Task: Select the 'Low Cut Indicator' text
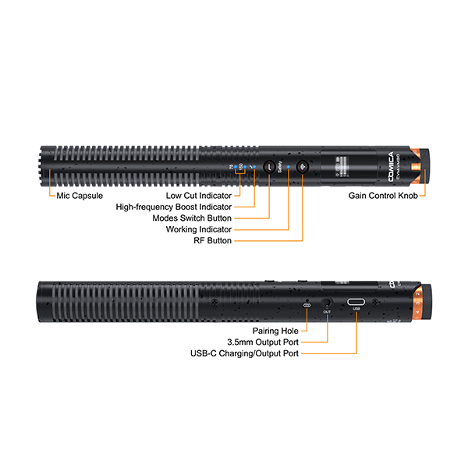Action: (198, 195)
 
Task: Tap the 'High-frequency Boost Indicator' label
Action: (173, 207)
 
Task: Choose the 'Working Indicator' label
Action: (198, 230)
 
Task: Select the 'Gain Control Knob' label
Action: (383, 195)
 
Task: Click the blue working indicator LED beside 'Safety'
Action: (289, 166)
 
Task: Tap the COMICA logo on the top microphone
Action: (379, 161)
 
